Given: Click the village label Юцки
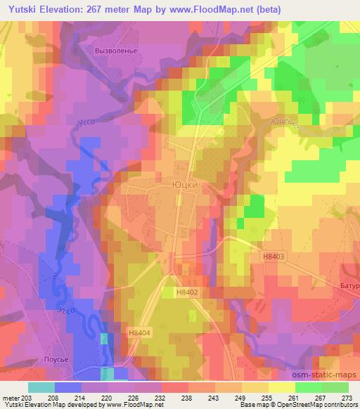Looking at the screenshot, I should [x=186, y=186].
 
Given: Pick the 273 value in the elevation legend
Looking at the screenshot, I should [x=347, y=398].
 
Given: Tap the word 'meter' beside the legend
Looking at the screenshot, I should [x=10, y=398].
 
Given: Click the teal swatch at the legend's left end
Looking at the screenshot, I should [x=41, y=387].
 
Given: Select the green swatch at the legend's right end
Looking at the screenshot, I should [x=334, y=387].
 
